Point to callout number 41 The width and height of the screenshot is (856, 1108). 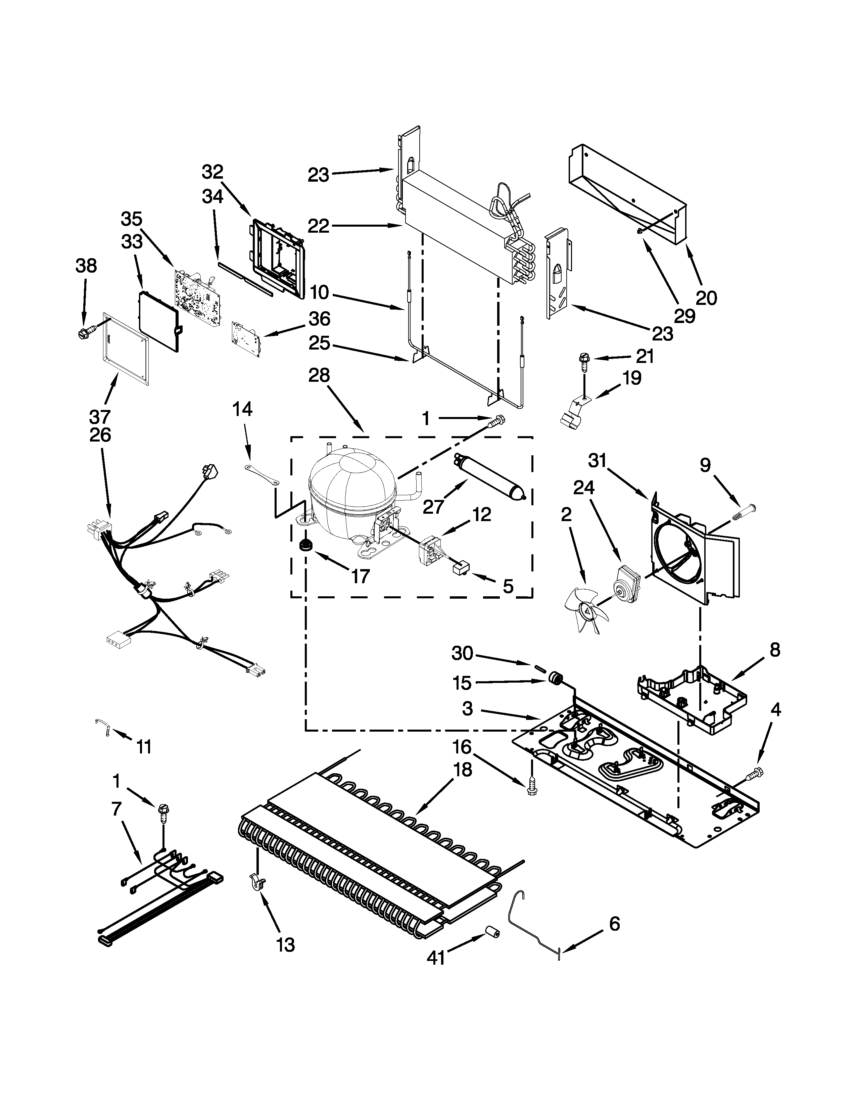(436, 957)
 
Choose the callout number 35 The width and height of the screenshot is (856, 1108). (131, 219)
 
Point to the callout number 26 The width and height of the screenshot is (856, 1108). (100, 435)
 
